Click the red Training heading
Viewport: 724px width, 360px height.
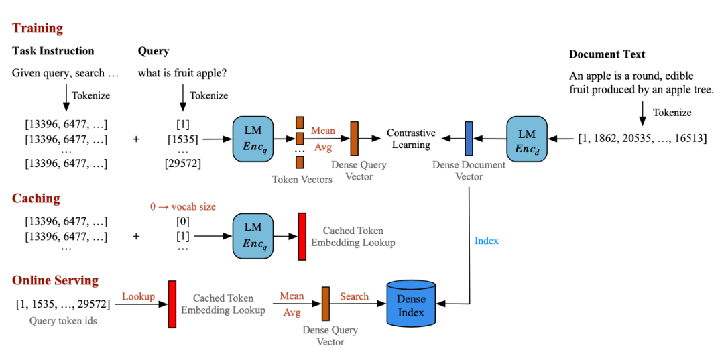37,28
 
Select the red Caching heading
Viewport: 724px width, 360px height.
36,198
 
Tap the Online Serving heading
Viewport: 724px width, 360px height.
55,280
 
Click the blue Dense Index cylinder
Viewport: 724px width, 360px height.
411,306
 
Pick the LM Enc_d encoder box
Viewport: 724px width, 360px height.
527,139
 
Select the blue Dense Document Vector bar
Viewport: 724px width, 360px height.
469,139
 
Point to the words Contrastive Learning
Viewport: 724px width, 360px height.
411,139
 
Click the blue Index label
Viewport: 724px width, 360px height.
486,241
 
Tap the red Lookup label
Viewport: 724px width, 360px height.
138,296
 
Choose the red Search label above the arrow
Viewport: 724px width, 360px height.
354,296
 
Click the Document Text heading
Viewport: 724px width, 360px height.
607,54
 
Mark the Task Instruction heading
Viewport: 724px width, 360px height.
53,51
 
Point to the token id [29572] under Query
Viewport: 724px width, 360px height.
182,163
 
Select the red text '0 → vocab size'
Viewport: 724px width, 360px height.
182,207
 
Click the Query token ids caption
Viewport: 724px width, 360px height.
63,321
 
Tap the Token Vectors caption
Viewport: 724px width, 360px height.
302,179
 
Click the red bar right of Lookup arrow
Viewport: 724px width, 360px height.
172,304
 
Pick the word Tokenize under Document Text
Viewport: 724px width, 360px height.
672,113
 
